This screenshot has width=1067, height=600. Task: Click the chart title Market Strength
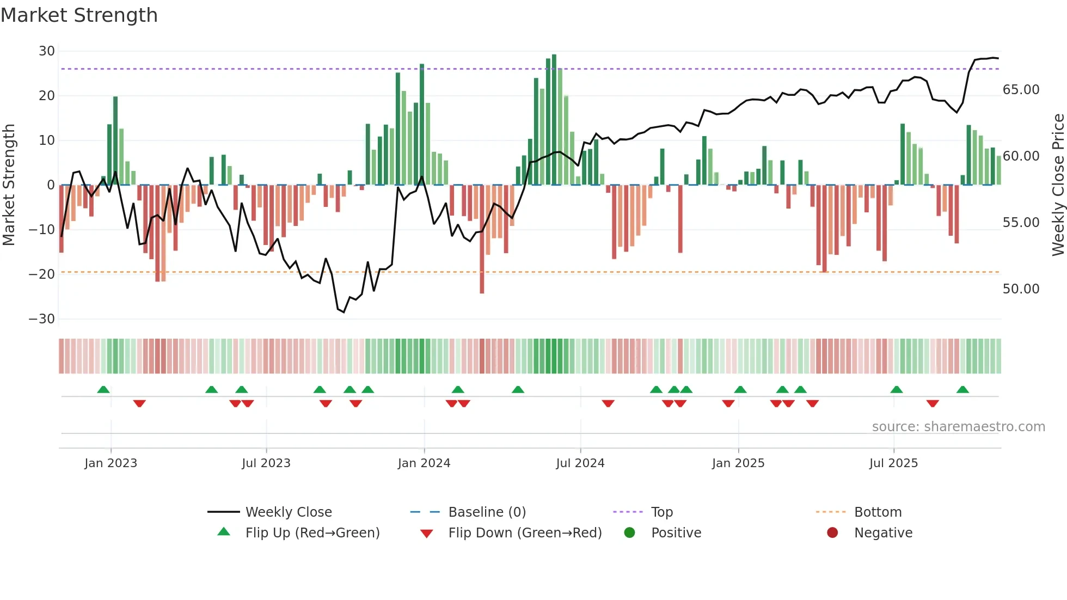click(79, 15)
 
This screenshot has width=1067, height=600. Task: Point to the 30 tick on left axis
click(47, 51)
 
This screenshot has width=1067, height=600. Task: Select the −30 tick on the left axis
click(42, 319)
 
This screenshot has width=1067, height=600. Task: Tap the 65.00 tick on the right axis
click(1021, 90)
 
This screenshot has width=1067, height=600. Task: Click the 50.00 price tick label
click(1021, 289)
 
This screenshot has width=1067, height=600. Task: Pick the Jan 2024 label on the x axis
click(424, 463)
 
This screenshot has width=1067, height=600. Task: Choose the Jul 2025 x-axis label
click(893, 463)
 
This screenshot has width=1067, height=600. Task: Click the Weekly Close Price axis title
click(1058, 185)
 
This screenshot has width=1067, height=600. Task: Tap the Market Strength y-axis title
click(9, 185)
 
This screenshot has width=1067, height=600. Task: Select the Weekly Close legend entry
click(289, 512)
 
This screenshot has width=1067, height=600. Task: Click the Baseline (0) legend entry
click(487, 512)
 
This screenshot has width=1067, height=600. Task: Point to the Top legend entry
click(662, 512)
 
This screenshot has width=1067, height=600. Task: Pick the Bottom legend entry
click(878, 512)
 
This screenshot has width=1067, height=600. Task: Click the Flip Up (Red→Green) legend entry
click(312, 533)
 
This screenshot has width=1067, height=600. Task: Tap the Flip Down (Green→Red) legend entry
click(525, 533)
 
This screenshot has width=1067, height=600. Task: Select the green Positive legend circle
click(630, 533)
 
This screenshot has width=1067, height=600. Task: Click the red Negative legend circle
click(832, 533)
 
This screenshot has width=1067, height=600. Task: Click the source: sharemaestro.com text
click(958, 427)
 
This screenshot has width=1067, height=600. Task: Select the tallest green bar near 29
click(554, 120)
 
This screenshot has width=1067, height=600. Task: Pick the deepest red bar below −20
click(482, 240)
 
